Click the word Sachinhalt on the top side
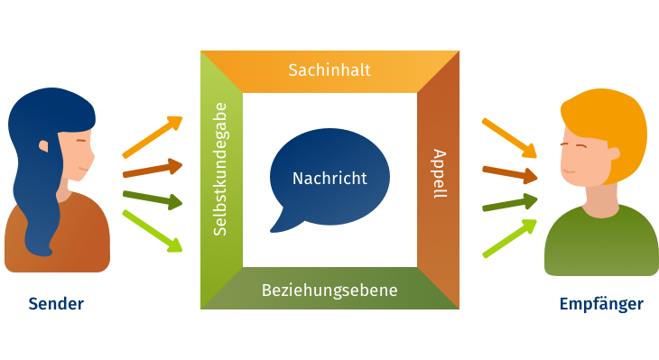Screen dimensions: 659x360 [329, 69]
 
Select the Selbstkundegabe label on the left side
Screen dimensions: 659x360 [219, 169]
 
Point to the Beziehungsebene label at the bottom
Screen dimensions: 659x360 [329, 291]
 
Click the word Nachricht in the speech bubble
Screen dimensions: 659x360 [329, 178]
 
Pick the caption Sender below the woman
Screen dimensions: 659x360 [56, 304]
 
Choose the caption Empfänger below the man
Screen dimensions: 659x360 [601, 304]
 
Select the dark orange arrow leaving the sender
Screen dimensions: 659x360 [153, 169]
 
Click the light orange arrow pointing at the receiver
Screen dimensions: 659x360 [509, 135]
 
